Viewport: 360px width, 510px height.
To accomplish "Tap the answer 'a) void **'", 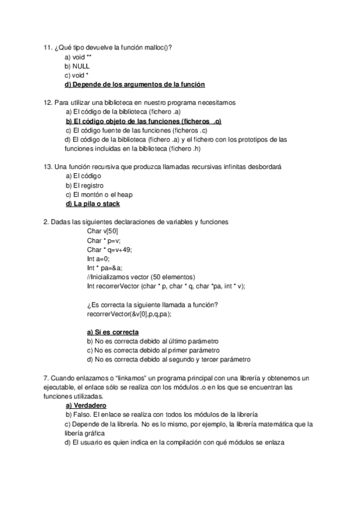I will point(78,57).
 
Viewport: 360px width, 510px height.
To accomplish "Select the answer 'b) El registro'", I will point(85,185).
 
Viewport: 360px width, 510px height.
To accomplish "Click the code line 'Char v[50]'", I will point(103,231).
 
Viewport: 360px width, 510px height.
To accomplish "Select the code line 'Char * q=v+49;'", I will point(109,250).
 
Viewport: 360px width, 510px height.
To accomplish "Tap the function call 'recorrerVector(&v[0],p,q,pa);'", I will point(129,313).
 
